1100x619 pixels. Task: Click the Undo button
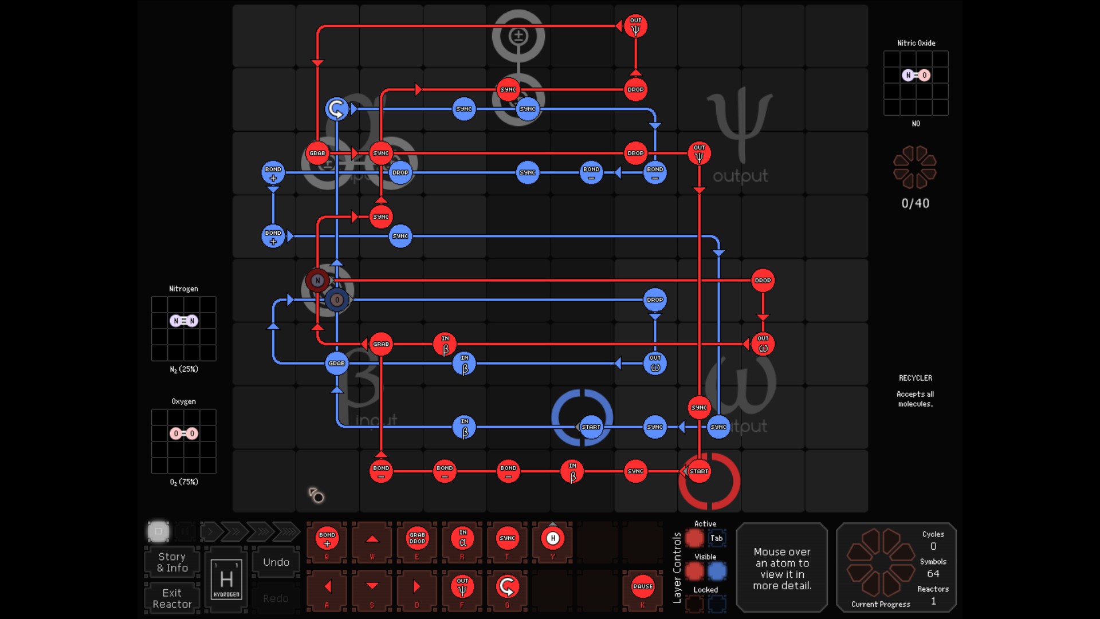click(276, 562)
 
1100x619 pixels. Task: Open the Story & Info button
click(172, 562)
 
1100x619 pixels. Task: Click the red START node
click(699, 471)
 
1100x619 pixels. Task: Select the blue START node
click(591, 427)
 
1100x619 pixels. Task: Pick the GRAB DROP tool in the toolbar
click(417, 538)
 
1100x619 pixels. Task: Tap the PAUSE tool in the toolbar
click(643, 586)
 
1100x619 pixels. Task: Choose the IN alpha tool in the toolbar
click(462, 538)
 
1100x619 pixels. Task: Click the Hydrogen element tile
click(226, 579)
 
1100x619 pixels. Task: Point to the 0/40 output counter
click(915, 203)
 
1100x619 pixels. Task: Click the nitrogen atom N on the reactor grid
click(317, 281)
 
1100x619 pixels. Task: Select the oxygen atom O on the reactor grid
click(337, 299)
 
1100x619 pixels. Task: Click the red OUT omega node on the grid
click(763, 344)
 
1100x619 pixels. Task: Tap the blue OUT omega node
click(655, 364)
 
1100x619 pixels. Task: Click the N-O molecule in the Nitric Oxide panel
click(916, 75)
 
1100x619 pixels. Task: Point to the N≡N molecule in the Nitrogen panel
click(183, 321)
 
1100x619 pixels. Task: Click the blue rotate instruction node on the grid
click(337, 109)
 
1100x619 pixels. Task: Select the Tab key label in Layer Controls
click(716, 538)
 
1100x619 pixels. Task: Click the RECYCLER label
click(915, 378)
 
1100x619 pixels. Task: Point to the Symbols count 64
click(933, 574)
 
